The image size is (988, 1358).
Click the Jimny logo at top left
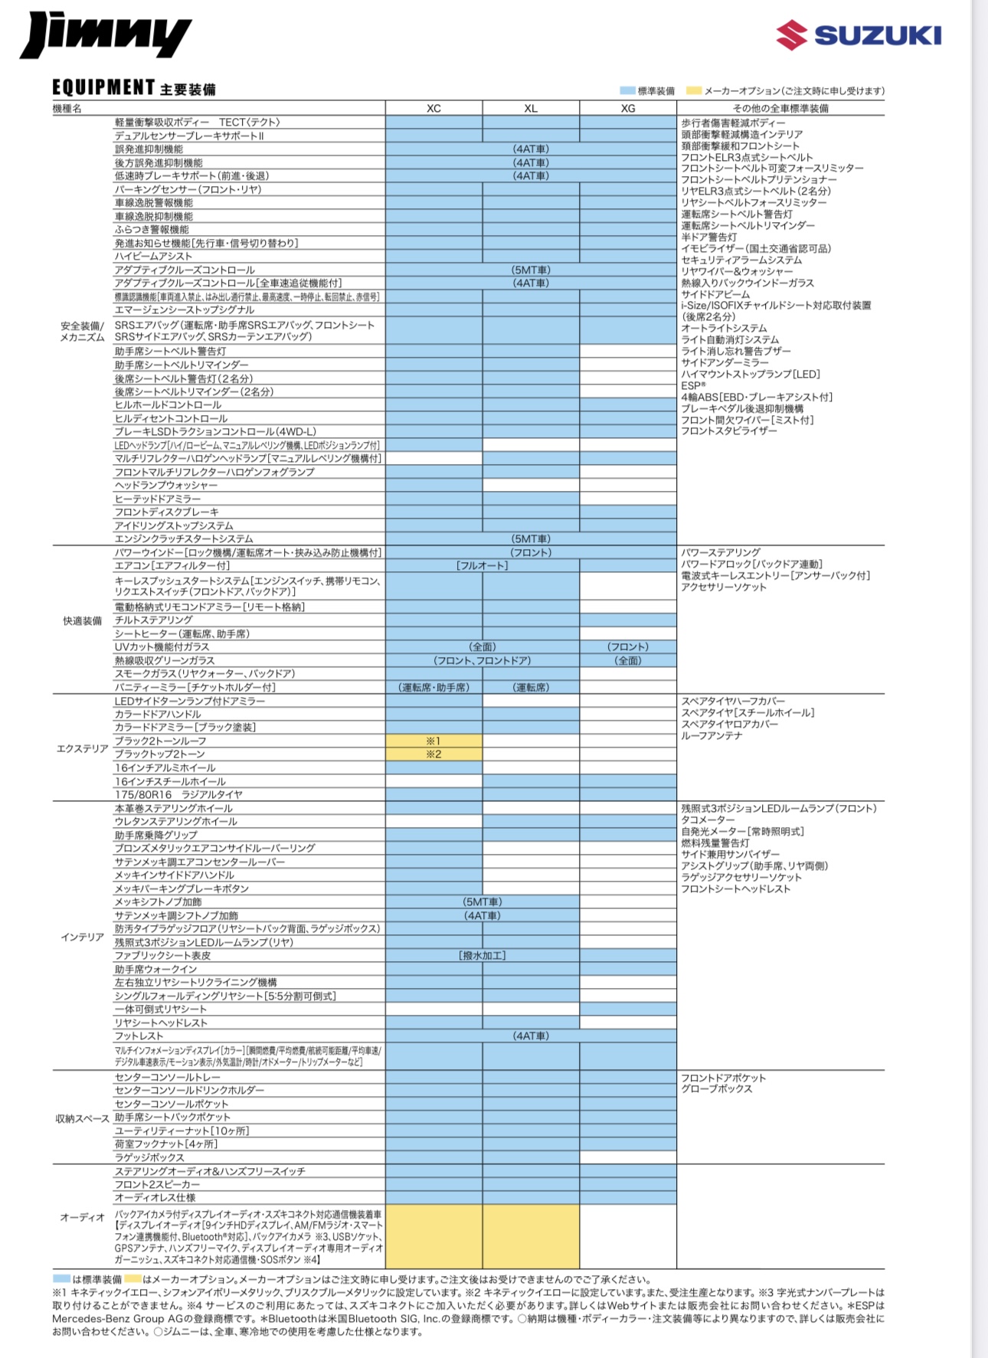(x=105, y=35)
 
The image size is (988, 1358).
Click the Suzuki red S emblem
(x=791, y=35)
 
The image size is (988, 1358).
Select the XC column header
(x=433, y=109)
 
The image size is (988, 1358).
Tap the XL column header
(x=531, y=109)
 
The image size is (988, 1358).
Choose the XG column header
(x=628, y=109)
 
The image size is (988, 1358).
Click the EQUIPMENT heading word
(x=103, y=88)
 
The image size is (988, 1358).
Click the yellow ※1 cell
(x=433, y=741)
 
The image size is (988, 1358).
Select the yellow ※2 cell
(x=433, y=754)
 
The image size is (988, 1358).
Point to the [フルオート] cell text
(x=483, y=566)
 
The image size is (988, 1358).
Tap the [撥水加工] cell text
(x=483, y=956)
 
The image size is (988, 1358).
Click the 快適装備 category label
(x=82, y=621)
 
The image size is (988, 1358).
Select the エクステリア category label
(x=82, y=748)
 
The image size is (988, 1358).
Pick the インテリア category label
(x=82, y=937)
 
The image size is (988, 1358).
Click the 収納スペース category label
(x=82, y=1119)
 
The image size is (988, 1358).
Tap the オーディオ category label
(x=82, y=1217)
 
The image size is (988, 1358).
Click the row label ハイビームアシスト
(x=153, y=257)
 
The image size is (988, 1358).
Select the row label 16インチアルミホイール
(x=165, y=767)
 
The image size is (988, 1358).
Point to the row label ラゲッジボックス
(x=149, y=1157)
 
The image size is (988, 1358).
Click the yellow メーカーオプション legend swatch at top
(x=694, y=91)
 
